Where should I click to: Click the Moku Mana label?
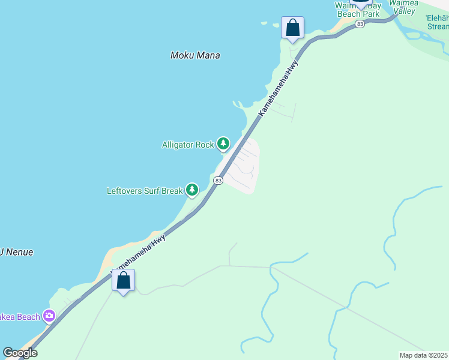point(195,55)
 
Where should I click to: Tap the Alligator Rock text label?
point(188,145)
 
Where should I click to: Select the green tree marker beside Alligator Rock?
point(223,143)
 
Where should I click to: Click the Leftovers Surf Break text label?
point(144,191)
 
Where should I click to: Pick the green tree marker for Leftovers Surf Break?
point(192,190)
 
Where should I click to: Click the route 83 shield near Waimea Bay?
point(360,24)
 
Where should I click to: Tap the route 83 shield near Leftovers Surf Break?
point(218,180)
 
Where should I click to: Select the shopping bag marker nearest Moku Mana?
point(292,28)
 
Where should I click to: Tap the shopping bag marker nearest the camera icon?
point(123,280)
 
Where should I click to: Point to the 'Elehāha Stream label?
point(437,22)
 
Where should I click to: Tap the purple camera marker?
point(49,316)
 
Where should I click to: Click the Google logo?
point(20,353)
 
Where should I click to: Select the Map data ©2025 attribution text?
point(423,355)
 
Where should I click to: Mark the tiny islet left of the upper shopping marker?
point(263,24)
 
